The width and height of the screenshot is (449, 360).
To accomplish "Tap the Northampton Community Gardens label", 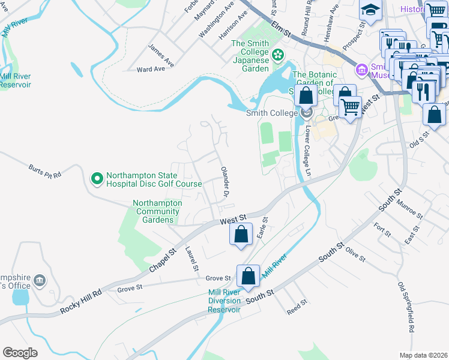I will pos(157,211).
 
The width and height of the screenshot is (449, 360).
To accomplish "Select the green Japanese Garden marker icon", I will pos(277,56).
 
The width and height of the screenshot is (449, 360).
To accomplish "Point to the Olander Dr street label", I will pos(225,182).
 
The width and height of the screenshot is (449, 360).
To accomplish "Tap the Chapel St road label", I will pos(162,261).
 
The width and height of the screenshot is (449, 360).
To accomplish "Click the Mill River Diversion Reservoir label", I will pos(224,301).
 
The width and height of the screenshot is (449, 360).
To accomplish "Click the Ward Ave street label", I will pos(151,69).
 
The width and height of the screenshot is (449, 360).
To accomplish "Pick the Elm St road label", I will pos(280,28).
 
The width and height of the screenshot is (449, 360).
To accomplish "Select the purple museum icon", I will pos(361,70).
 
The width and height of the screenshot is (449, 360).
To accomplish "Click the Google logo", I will pos(20,352).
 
